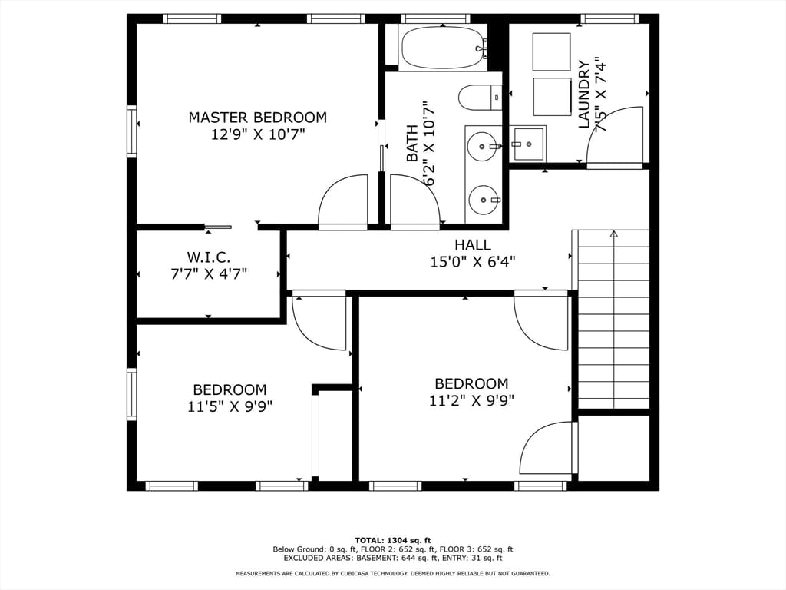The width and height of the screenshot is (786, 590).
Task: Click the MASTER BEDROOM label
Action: tap(258, 118)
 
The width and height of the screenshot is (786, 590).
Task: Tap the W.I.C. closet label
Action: tap(209, 257)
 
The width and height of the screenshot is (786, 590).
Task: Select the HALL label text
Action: tap(473, 245)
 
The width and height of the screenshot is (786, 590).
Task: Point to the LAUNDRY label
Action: tap(584, 94)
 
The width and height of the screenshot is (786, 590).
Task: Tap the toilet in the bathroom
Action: tap(481, 98)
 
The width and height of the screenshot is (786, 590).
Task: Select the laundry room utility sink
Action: tap(527, 144)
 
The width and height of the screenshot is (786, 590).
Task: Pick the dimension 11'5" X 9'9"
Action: tap(230, 406)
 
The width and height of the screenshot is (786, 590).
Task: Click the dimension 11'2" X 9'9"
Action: tap(472, 400)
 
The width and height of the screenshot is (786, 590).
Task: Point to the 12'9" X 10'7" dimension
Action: tap(258, 134)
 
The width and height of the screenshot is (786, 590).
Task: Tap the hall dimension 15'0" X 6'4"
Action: tap(473, 262)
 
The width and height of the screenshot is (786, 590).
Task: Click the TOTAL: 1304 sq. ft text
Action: tap(393, 540)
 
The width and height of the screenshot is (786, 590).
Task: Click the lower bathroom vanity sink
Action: tap(484, 200)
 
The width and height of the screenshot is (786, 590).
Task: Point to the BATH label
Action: tap(412, 144)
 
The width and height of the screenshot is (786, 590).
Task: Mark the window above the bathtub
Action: tap(436, 18)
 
